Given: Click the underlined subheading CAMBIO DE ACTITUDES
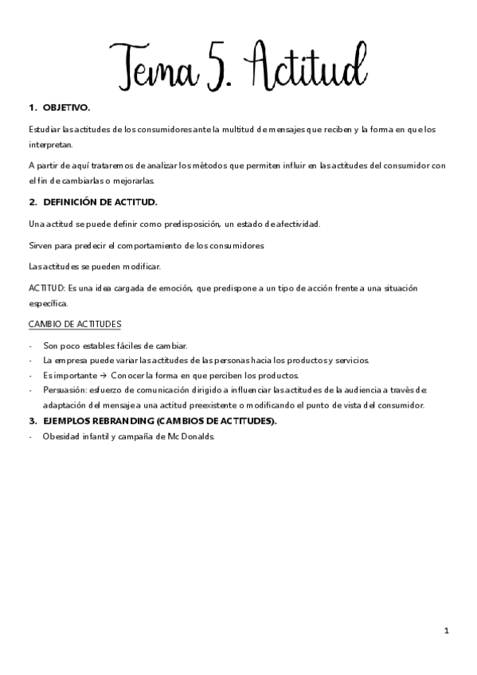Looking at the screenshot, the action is point(75,324).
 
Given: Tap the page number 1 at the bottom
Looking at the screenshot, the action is point(447,630).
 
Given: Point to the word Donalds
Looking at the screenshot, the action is point(197,437).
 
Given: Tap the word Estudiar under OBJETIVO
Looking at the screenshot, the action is point(43,128).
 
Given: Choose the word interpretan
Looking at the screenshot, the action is point(49,144).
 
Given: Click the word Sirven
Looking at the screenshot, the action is point(41,245).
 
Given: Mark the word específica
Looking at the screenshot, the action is point(48,302).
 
